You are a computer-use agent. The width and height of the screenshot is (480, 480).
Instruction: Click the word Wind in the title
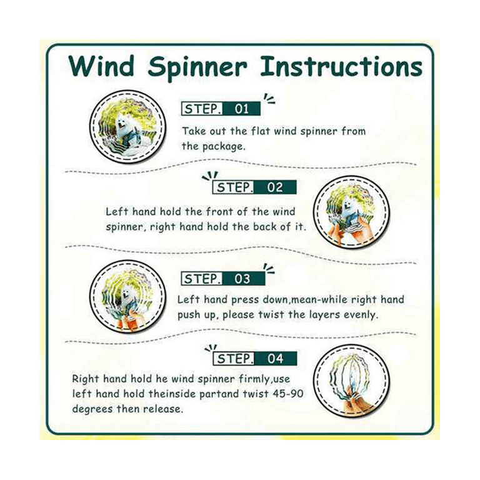pyautogui.click(x=101, y=66)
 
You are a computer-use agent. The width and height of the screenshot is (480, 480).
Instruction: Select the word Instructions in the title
pyautogui.click(x=341, y=66)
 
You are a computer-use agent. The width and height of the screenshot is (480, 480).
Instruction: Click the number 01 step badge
pyautogui.click(x=221, y=109)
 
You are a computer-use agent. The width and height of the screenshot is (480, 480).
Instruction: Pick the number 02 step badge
pyautogui.click(x=254, y=187)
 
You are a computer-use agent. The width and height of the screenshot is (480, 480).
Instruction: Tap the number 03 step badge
pyautogui.click(x=223, y=279)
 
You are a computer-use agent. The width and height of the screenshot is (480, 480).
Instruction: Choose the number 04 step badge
pyautogui.click(x=255, y=359)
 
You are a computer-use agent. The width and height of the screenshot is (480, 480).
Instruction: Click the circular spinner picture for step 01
pyautogui.click(x=127, y=126)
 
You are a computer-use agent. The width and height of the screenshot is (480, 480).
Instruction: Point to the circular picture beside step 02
pyautogui.click(x=351, y=212)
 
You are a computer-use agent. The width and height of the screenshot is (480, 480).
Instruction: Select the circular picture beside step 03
pyautogui.click(x=127, y=297)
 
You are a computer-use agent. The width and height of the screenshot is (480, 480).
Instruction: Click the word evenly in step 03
pyautogui.click(x=361, y=315)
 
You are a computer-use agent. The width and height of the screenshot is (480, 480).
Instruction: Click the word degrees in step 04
pyautogui.click(x=92, y=409)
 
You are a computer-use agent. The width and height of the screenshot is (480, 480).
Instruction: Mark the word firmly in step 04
pyautogui.click(x=254, y=379)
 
